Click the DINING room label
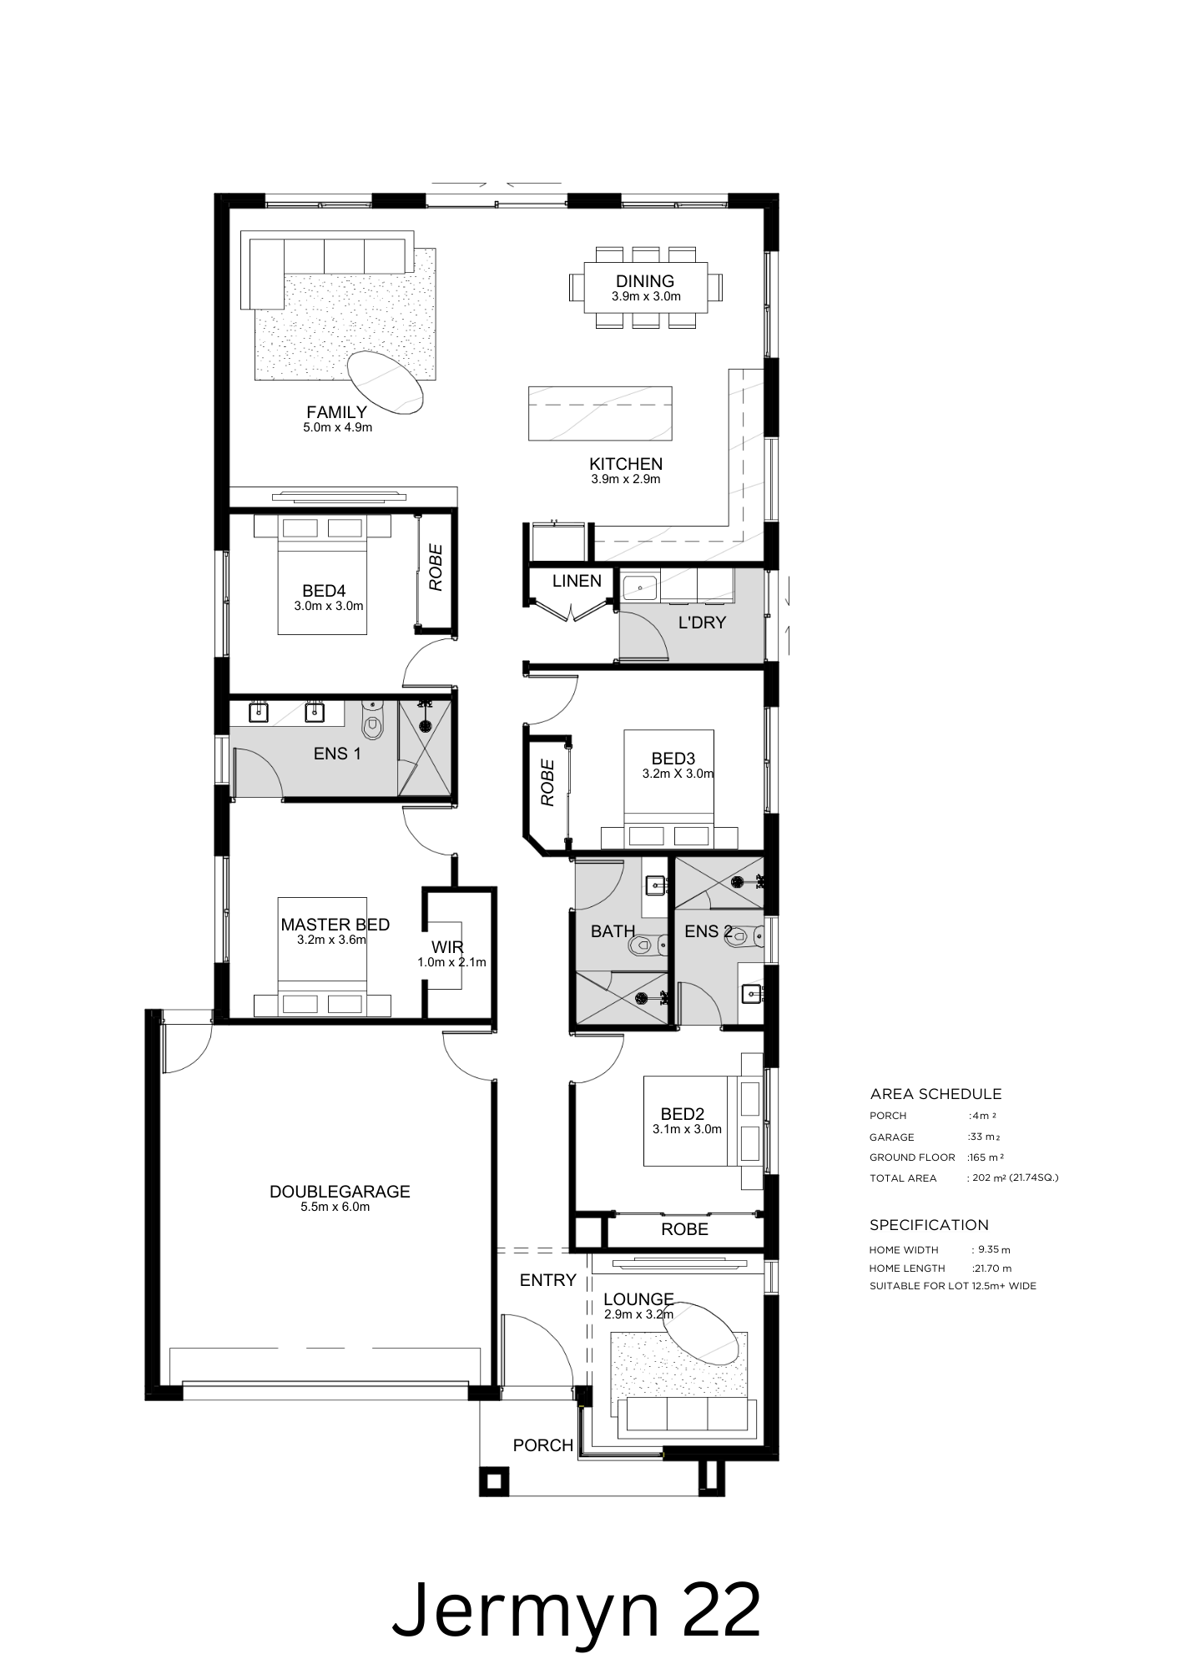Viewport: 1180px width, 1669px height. (645, 281)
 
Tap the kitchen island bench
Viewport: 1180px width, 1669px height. (600, 412)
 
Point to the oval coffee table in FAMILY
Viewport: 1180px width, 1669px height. (385, 382)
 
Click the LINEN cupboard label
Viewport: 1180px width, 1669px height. (577, 581)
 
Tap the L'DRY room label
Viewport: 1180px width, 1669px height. (702, 623)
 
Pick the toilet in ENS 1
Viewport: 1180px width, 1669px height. (371, 719)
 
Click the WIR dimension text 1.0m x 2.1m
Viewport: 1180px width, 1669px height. (451, 962)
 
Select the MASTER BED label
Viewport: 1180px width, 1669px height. (335, 925)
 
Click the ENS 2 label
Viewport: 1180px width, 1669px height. (709, 931)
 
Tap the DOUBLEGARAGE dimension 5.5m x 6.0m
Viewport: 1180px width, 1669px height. (335, 1207)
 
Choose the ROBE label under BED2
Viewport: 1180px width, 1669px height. (684, 1229)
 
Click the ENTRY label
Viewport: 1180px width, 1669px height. (548, 1280)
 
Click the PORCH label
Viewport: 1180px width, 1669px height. (543, 1445)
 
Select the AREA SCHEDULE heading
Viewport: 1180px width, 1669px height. (935, 1094)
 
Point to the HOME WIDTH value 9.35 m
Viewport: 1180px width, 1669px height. (991, 1250)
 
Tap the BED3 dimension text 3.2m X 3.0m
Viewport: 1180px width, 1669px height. (678, 774)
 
